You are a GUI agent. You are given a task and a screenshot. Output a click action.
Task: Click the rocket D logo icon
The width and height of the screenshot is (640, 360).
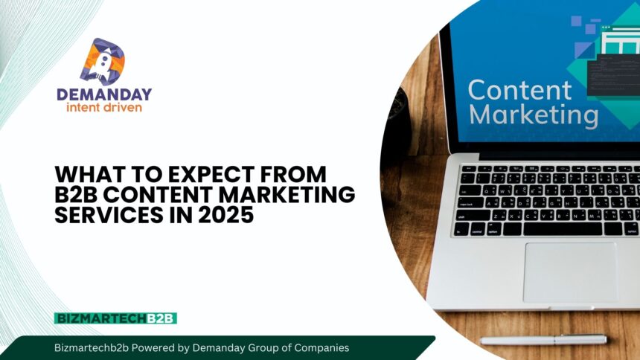(103, 61)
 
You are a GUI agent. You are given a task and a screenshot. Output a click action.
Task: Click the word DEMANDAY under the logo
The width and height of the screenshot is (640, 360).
(104, 94)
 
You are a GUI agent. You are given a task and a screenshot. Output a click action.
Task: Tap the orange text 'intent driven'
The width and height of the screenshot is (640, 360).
(104, 108)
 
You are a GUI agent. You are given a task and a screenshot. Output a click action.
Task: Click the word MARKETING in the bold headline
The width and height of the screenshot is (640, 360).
(298, 194)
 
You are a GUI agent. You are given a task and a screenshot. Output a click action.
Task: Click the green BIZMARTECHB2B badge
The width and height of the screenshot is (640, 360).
(115, 318)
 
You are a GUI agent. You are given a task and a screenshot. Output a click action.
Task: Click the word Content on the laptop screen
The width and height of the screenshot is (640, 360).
(520, 90)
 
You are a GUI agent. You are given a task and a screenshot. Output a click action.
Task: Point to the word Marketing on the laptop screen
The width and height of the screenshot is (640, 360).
(534, 116)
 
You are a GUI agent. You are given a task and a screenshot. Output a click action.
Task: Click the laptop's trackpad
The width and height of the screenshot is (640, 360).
(570, 271)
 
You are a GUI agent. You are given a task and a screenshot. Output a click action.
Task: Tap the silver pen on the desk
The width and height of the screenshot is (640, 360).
(543, 340)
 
